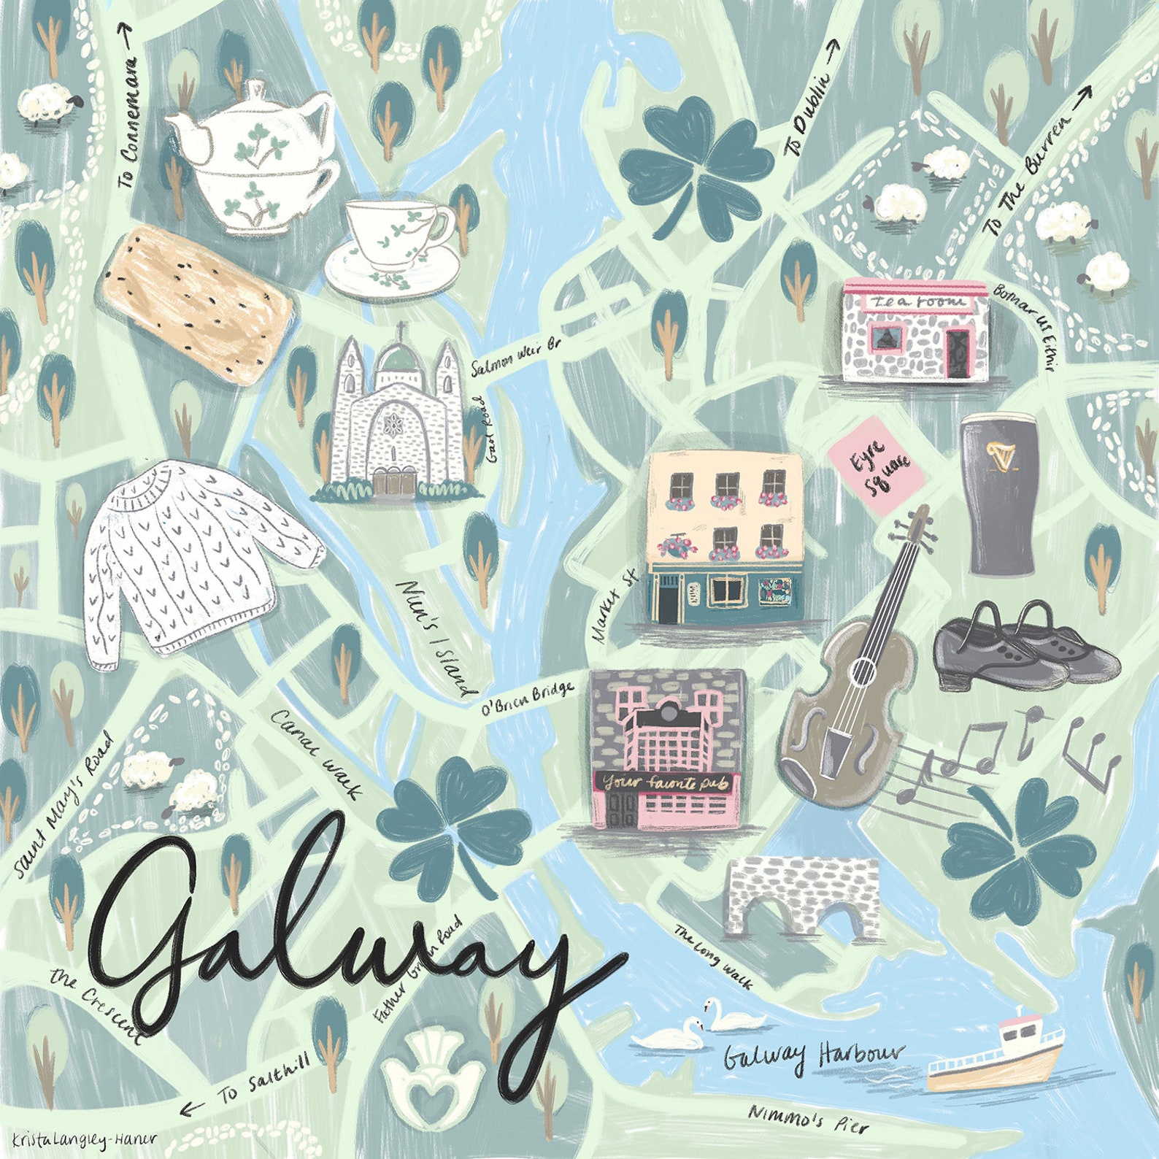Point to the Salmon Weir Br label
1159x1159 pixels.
pos(515,357)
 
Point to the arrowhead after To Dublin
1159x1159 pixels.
pos(833,45)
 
